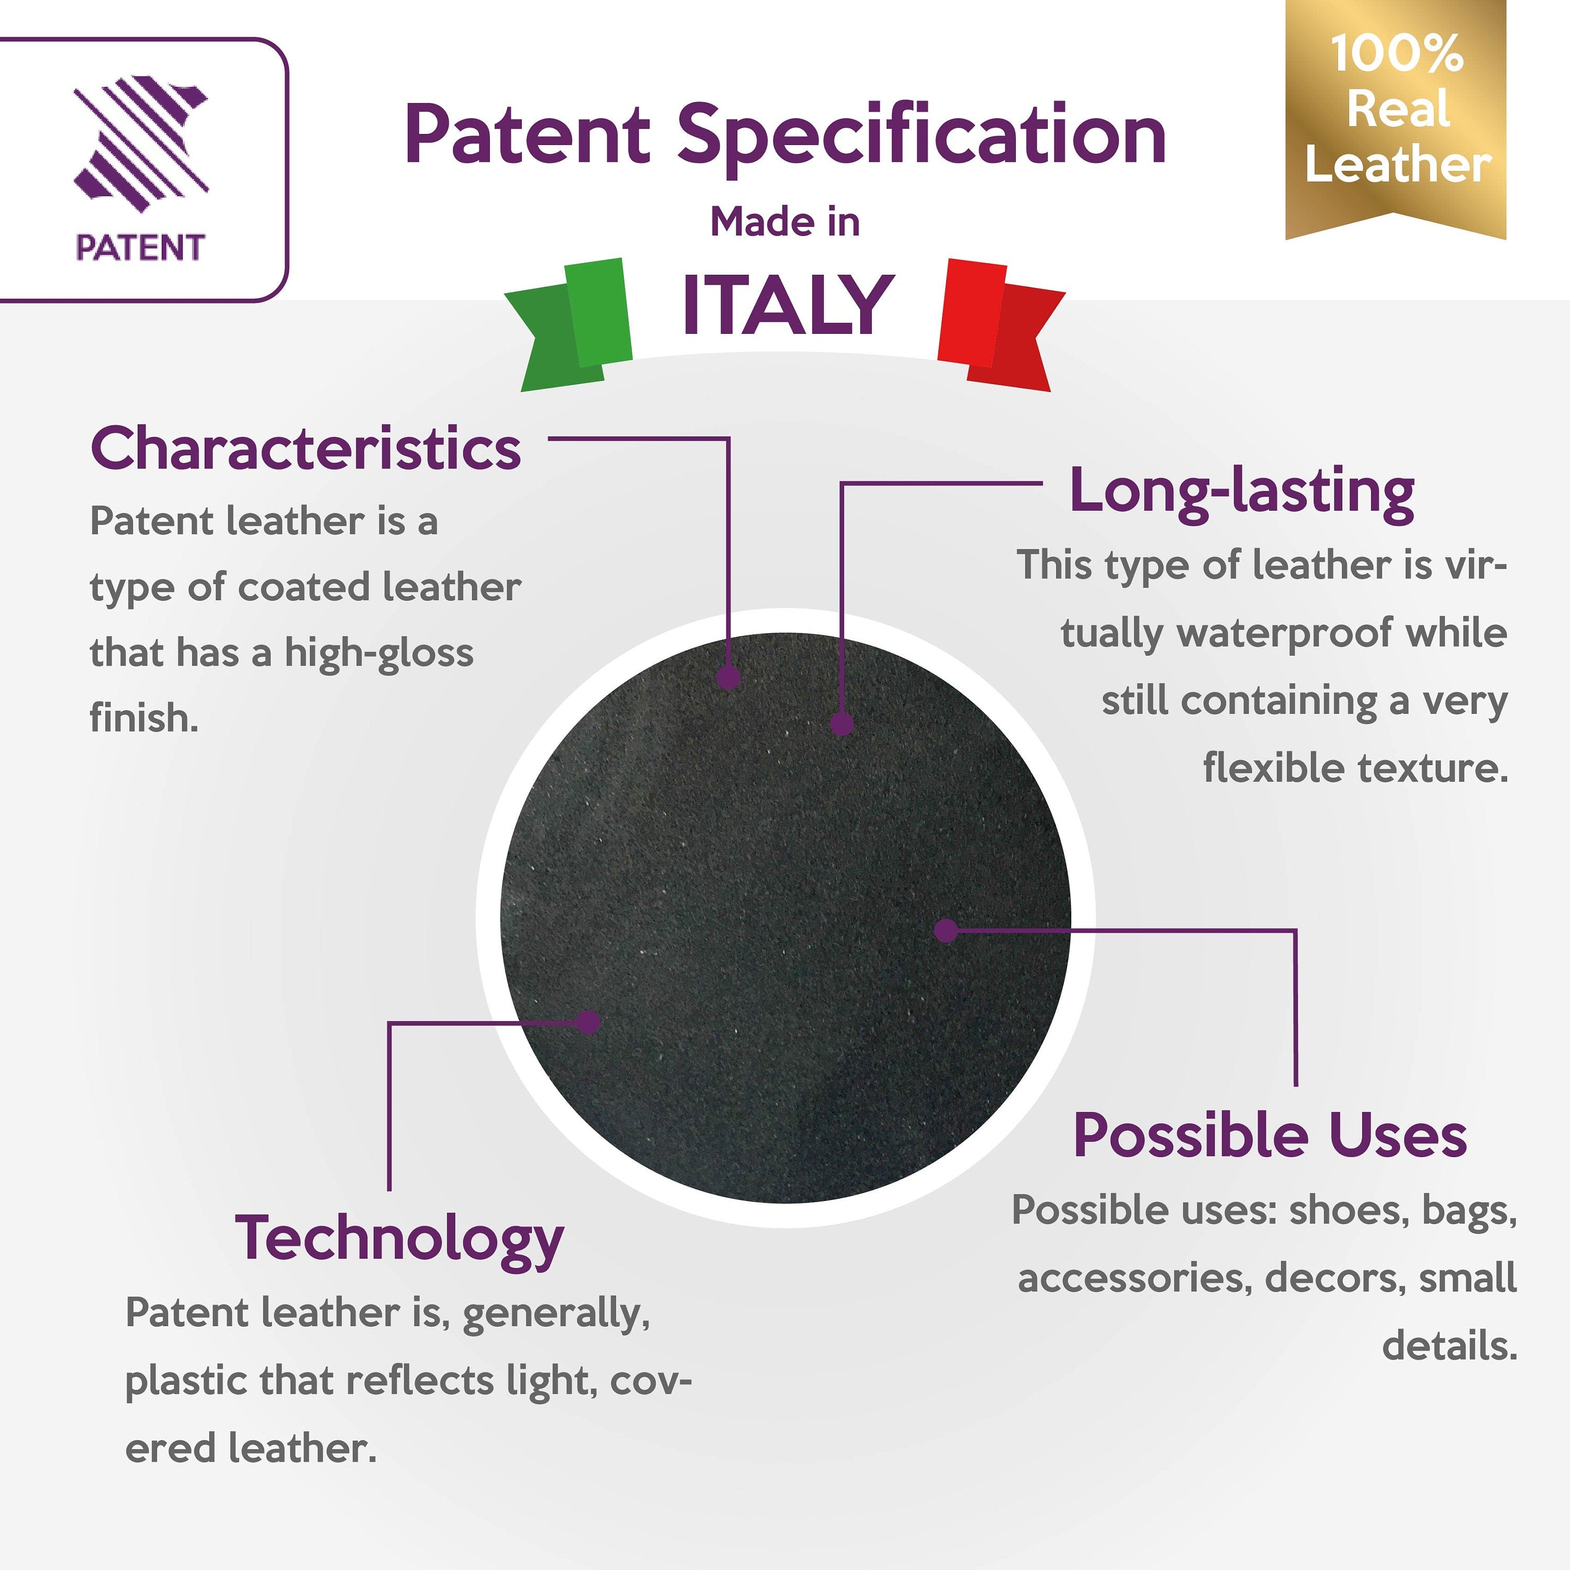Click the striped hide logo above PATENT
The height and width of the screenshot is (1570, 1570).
141,144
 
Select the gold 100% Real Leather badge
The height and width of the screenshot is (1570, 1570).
1396,118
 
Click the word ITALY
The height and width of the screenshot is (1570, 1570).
787,305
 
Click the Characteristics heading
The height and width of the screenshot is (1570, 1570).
306,448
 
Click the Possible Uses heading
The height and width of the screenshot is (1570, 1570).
1269,1136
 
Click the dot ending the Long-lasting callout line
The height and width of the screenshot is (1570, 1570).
842,723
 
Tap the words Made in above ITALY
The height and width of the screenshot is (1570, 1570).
785,222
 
